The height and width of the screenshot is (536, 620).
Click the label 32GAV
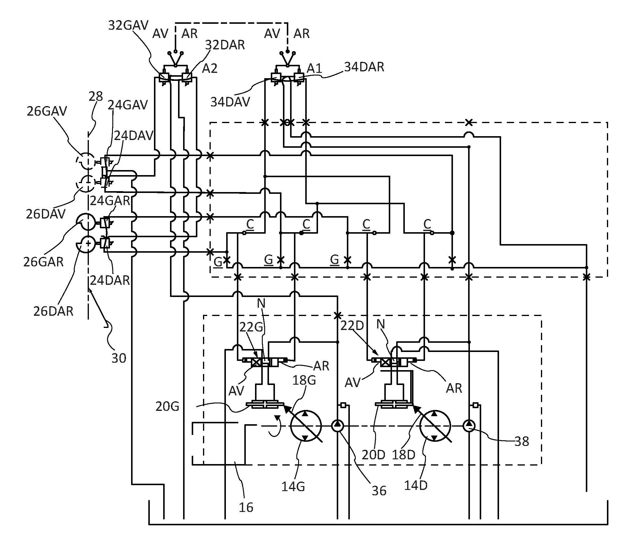(128, 26)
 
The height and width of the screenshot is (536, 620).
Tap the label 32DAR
(225, 45)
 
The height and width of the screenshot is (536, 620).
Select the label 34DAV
(230, 102)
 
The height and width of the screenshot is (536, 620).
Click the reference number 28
(96, 96)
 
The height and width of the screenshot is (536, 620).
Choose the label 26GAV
(47, 111)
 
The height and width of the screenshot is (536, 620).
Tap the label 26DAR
(53, 311)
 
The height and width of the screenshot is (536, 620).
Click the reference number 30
(119, 358)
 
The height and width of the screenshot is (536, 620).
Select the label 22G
(251, 327)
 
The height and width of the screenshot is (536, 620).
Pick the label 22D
(352, 325)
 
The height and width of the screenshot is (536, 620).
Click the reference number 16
(246, 507)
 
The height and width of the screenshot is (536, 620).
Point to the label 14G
(293, 486)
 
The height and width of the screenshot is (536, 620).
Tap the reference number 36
(379, 491)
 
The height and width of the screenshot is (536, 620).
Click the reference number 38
(522, 441)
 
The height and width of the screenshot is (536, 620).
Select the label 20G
(167, 406)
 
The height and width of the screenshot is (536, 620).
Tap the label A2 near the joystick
(210, 69)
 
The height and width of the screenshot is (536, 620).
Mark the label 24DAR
(110, 280)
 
